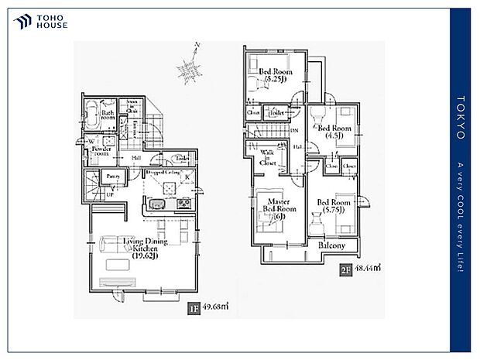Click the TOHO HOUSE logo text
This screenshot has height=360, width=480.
52,21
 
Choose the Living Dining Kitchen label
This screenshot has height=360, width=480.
144,247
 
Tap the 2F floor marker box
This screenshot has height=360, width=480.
346,271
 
